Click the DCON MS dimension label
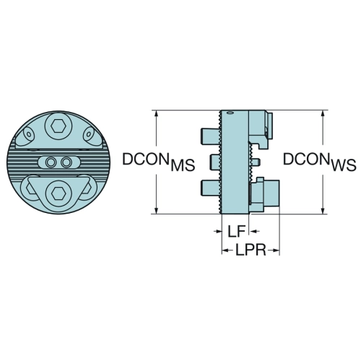159,162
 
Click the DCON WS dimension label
319,162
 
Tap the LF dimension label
236,232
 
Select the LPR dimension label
251,250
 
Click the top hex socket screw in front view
58,126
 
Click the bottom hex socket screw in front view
58,193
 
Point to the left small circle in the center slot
51,162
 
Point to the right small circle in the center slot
66,162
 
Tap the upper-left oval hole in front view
29,134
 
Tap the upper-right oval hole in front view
88,134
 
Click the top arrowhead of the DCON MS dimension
157,114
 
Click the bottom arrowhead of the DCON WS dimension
323,210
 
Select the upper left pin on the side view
209,136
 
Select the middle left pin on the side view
215,162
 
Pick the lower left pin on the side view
210,188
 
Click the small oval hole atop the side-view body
230,113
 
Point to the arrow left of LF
217,232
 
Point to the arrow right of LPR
274,251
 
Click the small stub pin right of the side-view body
255,162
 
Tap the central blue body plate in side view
235,162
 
